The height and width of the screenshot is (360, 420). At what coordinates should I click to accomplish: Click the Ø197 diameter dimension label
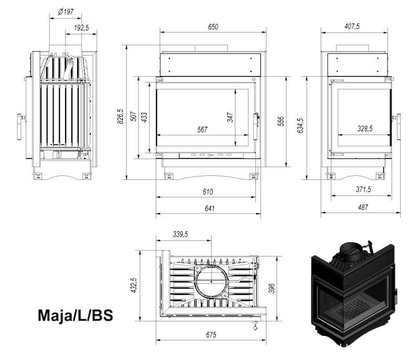[x=66, y=12]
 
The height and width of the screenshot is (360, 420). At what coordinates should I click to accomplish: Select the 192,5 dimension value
[x=81, y=28]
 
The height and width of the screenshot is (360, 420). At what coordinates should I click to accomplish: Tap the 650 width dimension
[x=213, y=27]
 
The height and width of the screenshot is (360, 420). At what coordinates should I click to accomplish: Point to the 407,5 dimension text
[x=352, y=26]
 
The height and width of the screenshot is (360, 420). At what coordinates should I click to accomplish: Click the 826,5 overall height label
[x=120, y=117]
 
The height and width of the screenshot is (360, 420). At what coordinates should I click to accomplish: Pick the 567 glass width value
[x=202, y=130]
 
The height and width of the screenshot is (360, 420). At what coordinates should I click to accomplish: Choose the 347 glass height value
[x=230, y=118]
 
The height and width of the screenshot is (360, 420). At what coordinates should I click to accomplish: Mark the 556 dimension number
[x=280, y=121]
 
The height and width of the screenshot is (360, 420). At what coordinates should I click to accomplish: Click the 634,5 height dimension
[x=300, y=125]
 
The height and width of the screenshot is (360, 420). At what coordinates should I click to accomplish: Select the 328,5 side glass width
[x=365, y=129]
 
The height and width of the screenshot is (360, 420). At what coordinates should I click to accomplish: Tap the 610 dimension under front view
[x=208, y=192]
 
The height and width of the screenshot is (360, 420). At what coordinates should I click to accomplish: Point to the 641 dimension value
[x=209, y=208]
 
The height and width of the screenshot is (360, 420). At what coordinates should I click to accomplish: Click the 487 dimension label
[x=363, y=207]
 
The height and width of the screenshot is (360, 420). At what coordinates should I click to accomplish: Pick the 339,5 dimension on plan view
[x=180, y=234]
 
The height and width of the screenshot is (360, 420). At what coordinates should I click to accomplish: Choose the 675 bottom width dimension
[x=211, y=335]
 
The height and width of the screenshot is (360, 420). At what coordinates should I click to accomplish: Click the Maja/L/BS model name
[x=75, y=315]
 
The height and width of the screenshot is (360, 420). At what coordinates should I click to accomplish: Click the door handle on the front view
[x=256, y=126]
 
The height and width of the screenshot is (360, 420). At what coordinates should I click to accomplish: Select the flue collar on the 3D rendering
[x=351, y=252]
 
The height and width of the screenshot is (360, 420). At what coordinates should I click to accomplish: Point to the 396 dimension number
[x=271, y=288]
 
